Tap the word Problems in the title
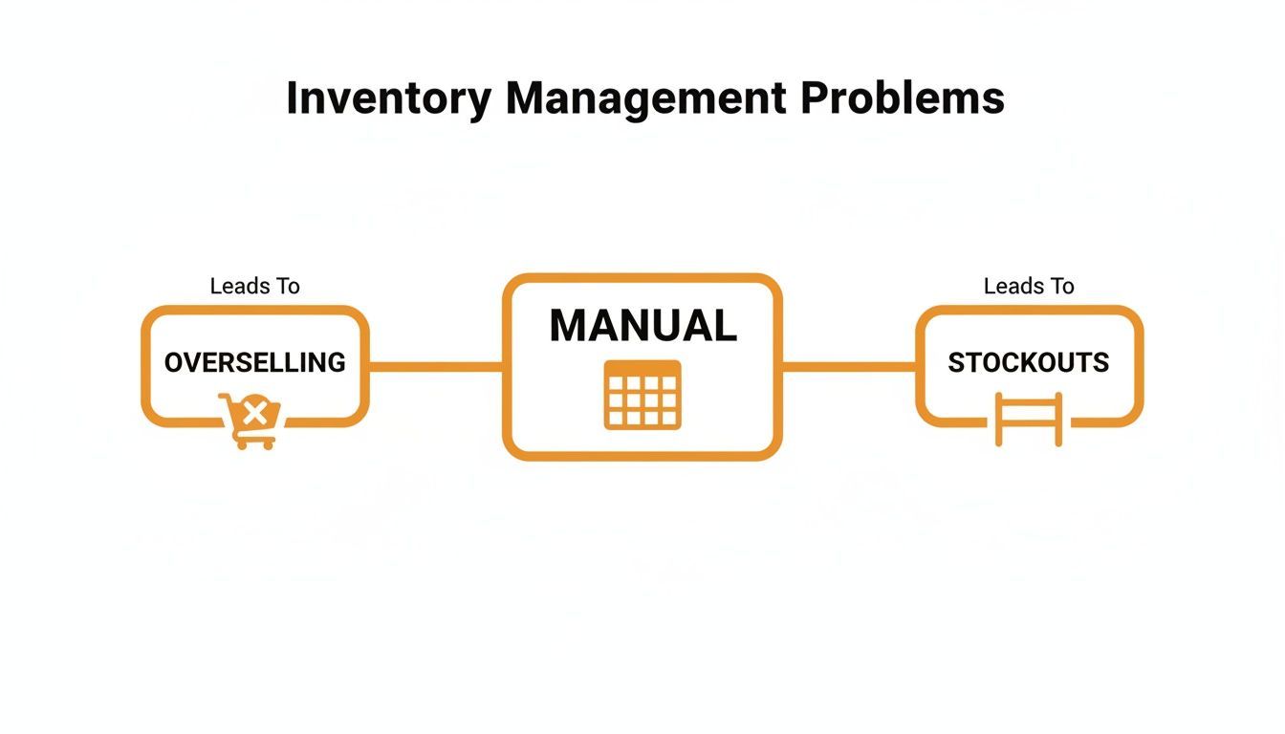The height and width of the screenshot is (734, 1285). (903, 98)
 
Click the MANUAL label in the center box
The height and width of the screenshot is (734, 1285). (642, 326)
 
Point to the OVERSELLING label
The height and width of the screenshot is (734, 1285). (254, 362)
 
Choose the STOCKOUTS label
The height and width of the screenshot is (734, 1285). (1028, 362)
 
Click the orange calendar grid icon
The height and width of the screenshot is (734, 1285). (642, 395)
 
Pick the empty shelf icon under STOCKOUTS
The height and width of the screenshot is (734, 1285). (1029, 419)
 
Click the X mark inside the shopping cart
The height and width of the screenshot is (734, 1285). (254, 414)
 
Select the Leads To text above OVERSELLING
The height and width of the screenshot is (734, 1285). (254, 286)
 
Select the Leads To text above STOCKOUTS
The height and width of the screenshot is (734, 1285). (1029, 286)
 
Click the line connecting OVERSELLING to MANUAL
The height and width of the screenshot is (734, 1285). (436, 366)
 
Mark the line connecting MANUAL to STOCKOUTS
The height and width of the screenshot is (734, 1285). (849, 366)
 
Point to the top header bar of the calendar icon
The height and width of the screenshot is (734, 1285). (642, 367)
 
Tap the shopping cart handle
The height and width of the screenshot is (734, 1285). (225, 397)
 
